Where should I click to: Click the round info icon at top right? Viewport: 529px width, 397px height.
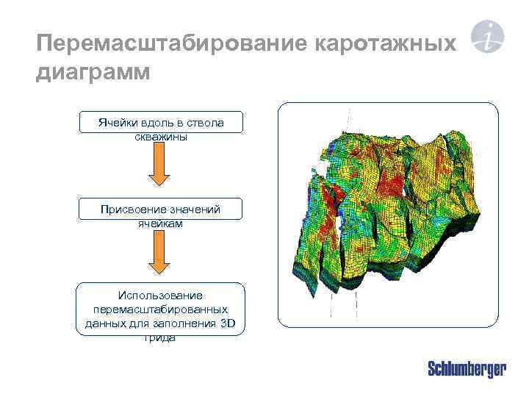(x=487, y=36)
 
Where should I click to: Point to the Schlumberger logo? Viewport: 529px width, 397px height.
(x=467, y=369)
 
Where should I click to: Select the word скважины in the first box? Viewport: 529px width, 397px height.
(x=161, y=136)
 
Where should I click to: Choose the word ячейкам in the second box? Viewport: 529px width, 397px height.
(x=162, y=223)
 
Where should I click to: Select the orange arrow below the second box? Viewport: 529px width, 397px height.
(x=160, y=257)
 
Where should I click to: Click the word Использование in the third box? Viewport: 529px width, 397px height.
(x=161, y=296)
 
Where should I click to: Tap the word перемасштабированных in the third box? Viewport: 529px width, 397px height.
(x=161, y=310)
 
